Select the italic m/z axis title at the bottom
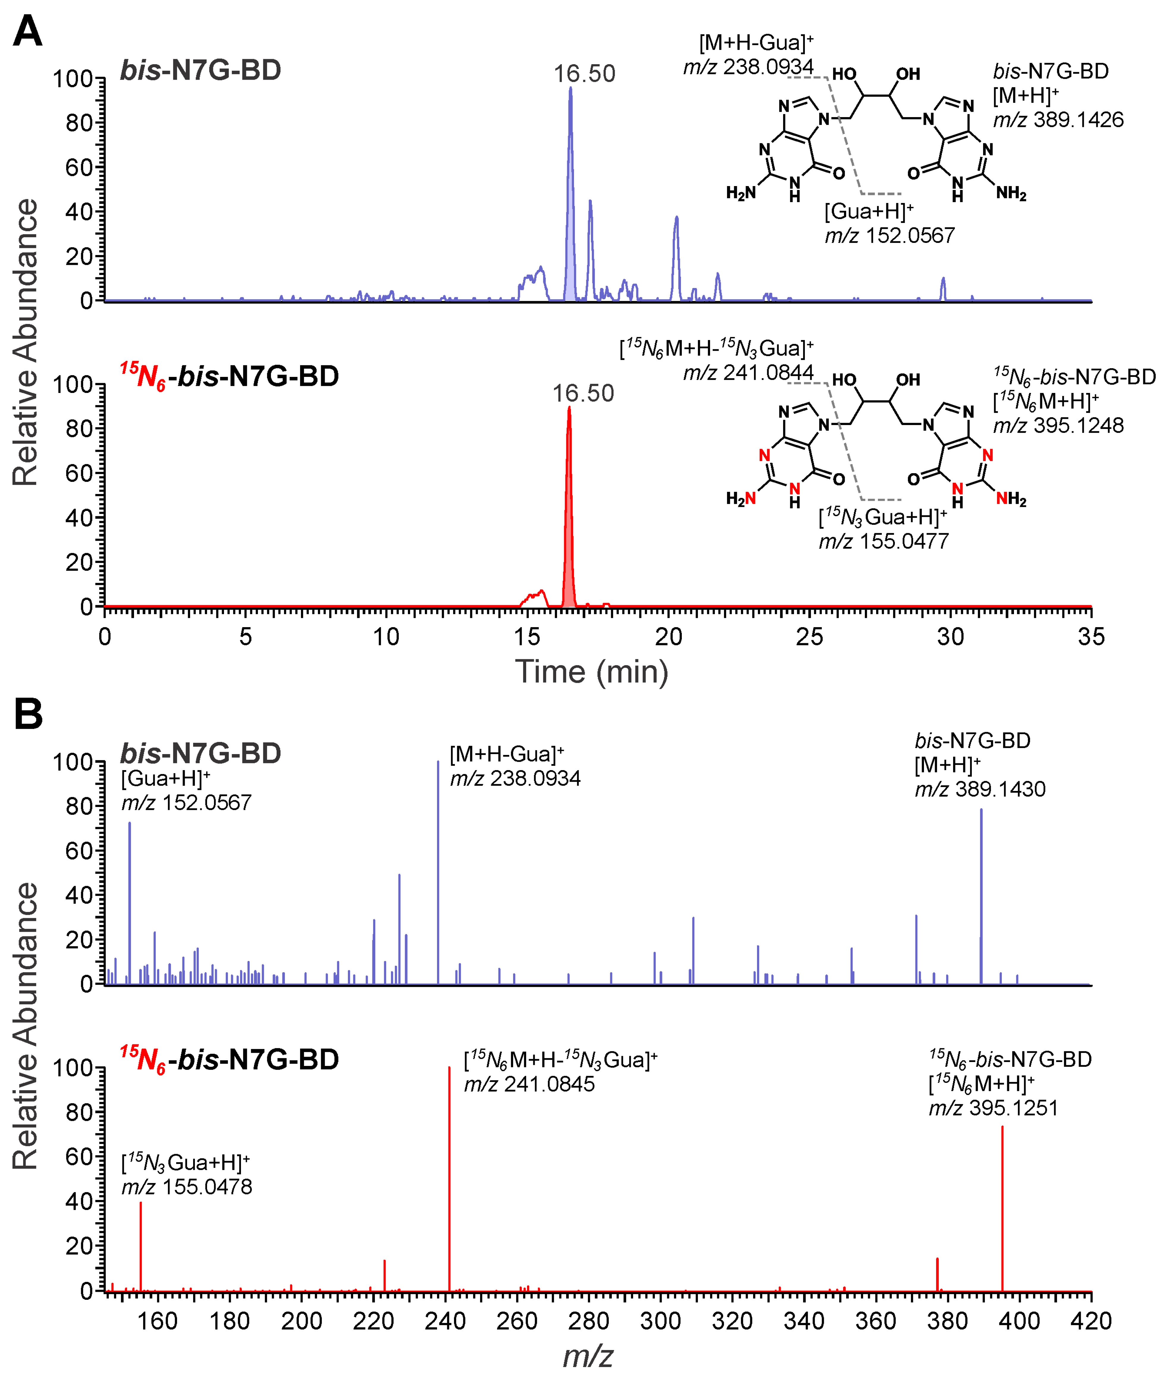[587, 1355]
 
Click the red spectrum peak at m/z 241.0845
[449, 1178]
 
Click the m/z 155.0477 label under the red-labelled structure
[884, 541]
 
